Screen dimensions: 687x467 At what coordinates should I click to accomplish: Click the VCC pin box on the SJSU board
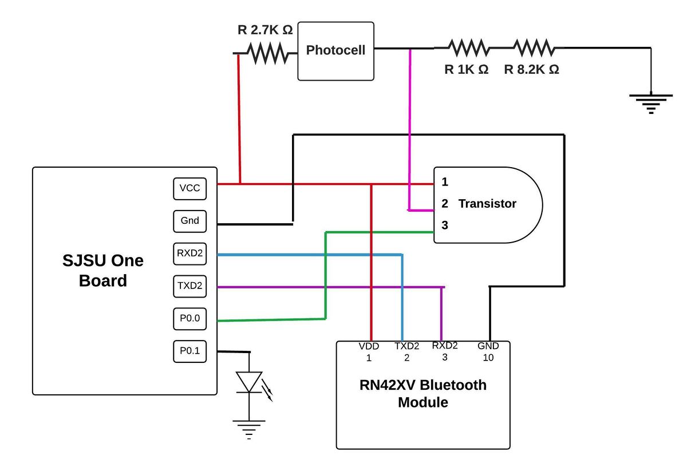pos(189,189)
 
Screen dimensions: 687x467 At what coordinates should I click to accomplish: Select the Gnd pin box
pos(189,221)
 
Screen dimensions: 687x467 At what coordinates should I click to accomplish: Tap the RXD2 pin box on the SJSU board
pos(189,254)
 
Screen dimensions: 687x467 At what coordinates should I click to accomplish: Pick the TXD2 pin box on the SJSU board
pos(189,286)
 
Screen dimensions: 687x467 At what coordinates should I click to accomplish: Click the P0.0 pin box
pos(189,319)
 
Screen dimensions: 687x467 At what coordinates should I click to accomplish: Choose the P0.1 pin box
pos(189,351)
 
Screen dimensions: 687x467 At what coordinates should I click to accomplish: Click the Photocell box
pos(335,51)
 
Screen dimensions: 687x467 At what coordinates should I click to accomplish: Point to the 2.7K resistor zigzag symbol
pos(268,53)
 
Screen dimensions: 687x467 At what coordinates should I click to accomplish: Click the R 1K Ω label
pos(466,69)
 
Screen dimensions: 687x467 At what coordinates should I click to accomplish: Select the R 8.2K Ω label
pos(531,69)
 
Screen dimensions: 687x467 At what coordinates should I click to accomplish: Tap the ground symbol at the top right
pos(651,104)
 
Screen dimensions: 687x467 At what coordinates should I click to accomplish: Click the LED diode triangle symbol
pos(249,382)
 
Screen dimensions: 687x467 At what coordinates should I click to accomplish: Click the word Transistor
pos(487,204)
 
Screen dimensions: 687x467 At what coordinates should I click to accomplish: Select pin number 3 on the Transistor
pos(445,225)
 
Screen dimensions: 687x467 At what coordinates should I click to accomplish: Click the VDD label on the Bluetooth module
pos(369,346)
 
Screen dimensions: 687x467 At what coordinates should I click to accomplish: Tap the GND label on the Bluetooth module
pos(488,346)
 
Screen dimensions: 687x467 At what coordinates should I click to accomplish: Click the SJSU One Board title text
pos(102,271)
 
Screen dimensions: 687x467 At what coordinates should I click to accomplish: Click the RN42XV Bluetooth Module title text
pos(423,393)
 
